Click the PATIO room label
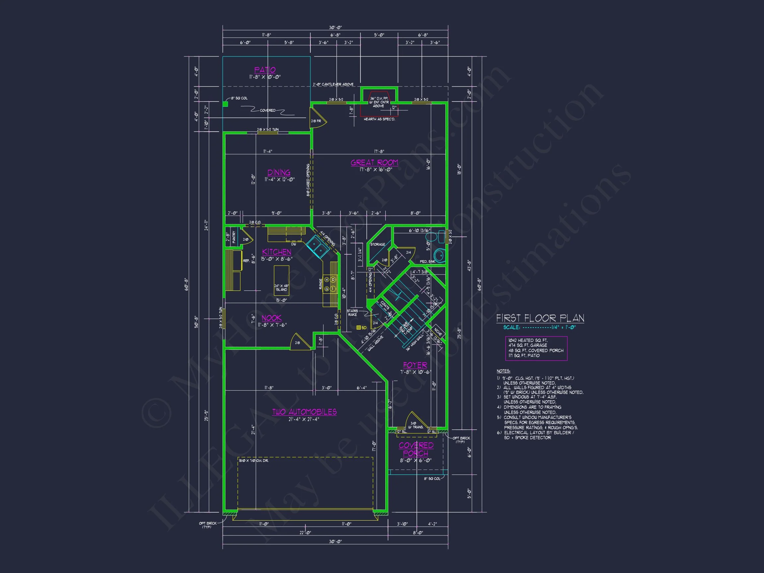click(x=265, y=70)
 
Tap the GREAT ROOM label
click(x=374, y=163)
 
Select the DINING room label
click(x=279, y=172)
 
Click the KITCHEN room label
click(x=276, y=252)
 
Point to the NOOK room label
click(x=272, y=318)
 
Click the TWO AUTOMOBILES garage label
click(x=304, y=412)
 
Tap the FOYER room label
click(x=415, y=365)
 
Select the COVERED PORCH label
click(x=416, y=449)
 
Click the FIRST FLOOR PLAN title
click(x=540, y=318)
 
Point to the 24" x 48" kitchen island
click(x=282, y=281)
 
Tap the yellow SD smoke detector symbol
click(x=359, y=327)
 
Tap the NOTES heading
click(x=503, y=371)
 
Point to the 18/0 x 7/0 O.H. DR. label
click(x=254, y=460)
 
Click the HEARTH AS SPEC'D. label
click(x=379, y=119)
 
